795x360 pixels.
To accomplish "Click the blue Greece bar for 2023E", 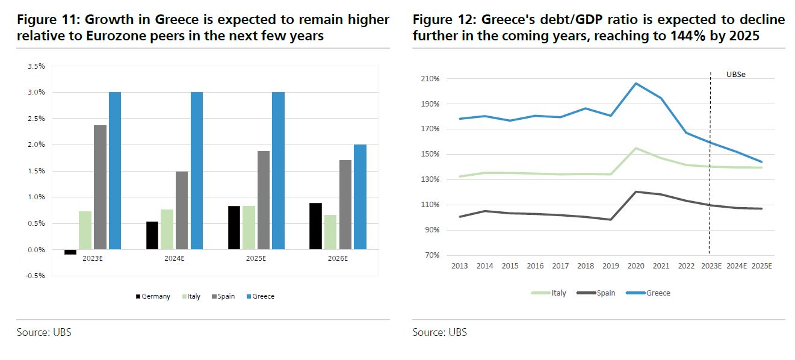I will point(115,170).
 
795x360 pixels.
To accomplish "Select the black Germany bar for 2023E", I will point(70,252).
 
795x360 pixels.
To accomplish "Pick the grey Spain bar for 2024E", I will point(182,210).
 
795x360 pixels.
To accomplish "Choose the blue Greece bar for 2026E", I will point(360,197).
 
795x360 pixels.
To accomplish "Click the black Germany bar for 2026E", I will point(315,226).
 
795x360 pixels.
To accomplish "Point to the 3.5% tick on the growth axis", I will point(36,66).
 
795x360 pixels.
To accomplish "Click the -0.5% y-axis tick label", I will point(36,276).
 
